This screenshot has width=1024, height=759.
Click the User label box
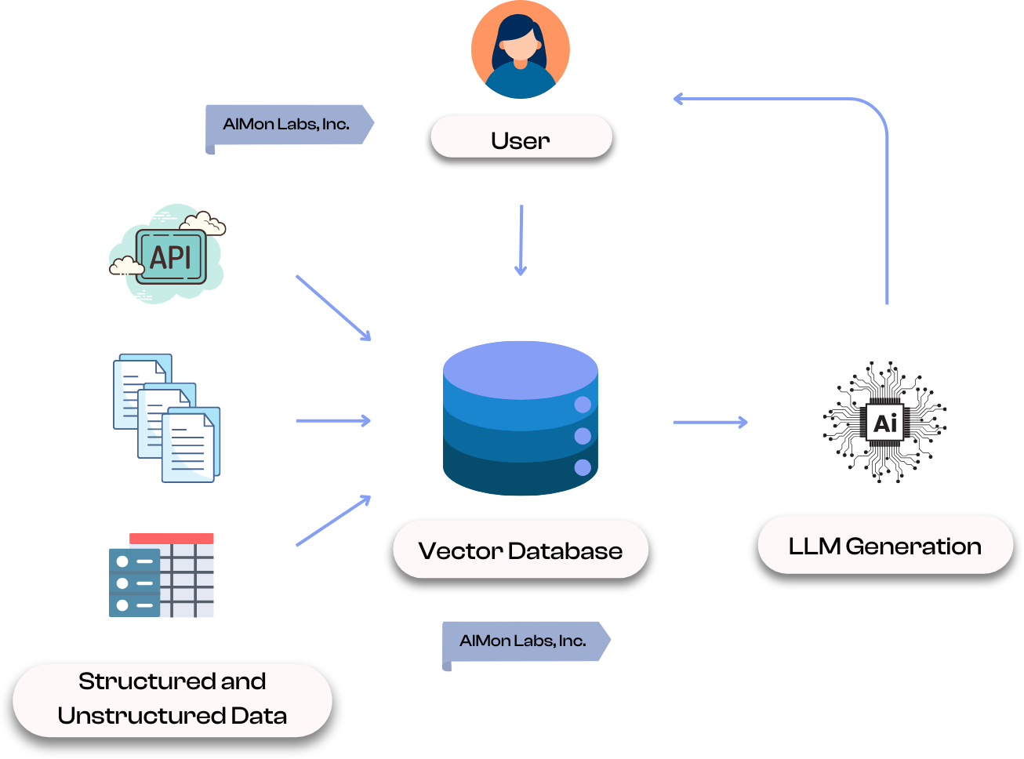[x=521, y=139]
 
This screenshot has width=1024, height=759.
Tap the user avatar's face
[x=520, y=49]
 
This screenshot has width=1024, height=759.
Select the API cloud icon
[x=168, y=256]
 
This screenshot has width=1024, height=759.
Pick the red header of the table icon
[x=171, y=539]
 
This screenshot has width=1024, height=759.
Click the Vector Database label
[x=520, y=550]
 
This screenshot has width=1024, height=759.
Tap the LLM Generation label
[x=884, y=546]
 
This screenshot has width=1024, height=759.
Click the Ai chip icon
[x=884, y=423]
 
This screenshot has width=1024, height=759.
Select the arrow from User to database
[x=521, y=239]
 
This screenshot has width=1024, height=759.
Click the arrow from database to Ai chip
[x=710, y=423]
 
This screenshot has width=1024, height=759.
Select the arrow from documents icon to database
[x=332, y=421]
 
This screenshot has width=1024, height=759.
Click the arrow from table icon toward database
[x=332, y=521]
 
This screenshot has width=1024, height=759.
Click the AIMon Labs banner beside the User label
[x=286, y=125]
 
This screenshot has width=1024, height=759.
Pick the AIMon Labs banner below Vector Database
[x=523, y=641]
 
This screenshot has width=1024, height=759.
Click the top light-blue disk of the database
[x=520, y=369]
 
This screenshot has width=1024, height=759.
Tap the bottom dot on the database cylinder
[x=583, y=468]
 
